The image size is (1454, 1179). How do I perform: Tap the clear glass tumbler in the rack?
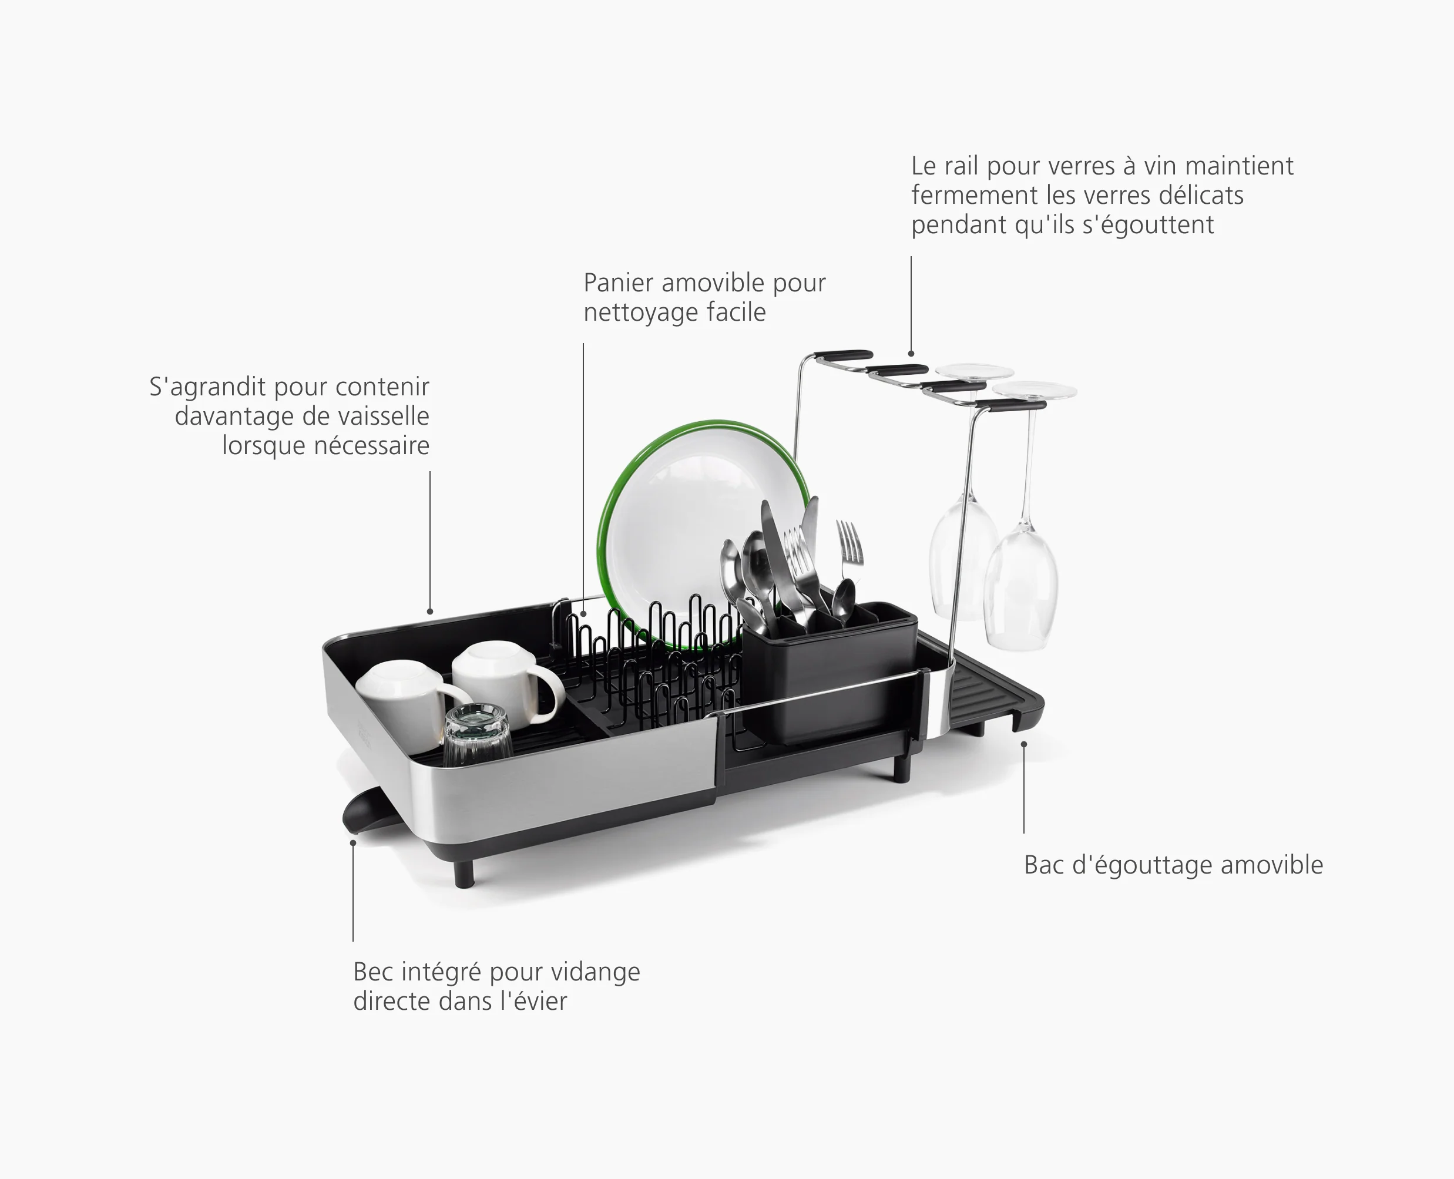(478, 737)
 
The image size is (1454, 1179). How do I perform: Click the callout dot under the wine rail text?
(911, 354)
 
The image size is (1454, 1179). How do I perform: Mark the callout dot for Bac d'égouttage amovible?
(1024, 744)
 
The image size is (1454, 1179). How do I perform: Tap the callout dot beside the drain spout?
(353, 843)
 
